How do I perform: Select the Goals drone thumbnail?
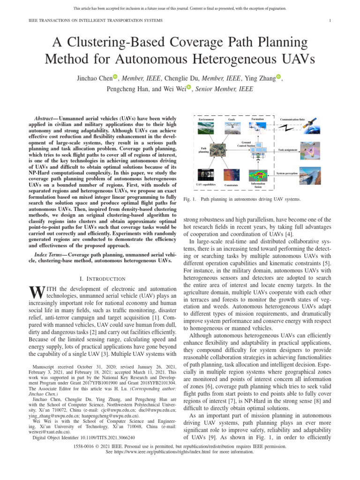(x=232, y=129)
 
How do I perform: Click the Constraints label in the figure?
(x=232, y=186)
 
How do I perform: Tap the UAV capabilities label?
(x=205, y=185)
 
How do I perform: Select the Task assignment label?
(x=288, y=150)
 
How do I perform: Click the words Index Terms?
(x=50, y=254)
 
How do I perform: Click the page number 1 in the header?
(x=330, y=21)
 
